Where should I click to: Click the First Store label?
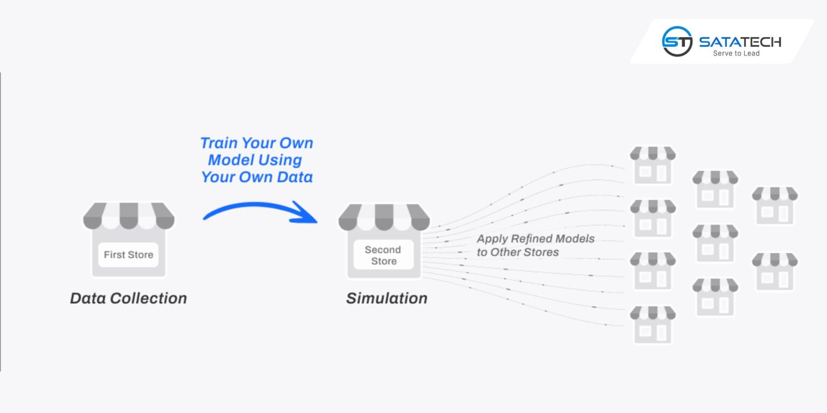tap(128, 255)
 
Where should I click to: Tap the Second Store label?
tap(383, 255)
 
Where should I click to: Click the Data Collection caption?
tap(128, 298)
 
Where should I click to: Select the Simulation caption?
tap(387, 298)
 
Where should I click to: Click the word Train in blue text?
tap(218, 143)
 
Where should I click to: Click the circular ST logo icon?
tap(677, 41)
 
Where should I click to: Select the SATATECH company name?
tap(740, 41)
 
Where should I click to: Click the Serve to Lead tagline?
tap(736, 53)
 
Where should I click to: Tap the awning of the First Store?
tap(129, 215)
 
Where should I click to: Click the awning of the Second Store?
tap(384, 216)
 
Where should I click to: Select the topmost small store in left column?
tap(653, 165)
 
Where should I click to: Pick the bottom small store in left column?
tap(653, 325)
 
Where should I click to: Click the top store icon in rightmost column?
tap(775, 205)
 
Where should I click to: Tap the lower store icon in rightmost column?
tap(775, 272)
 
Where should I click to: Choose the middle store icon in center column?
tap(715, 244)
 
